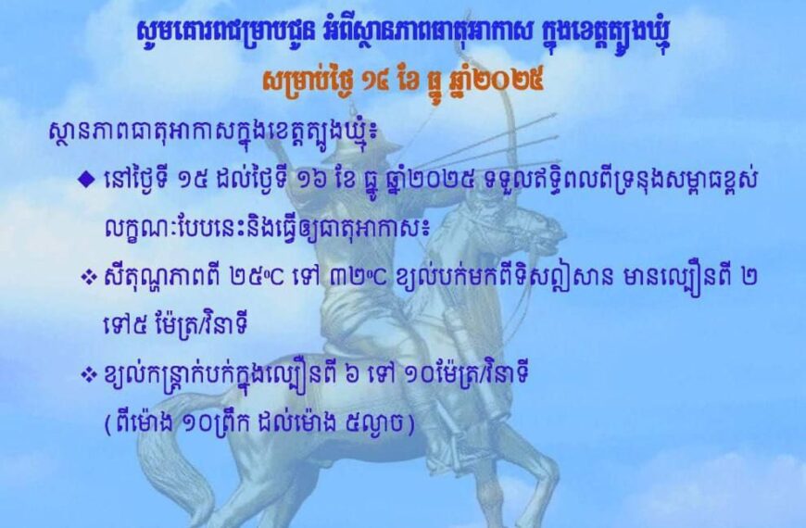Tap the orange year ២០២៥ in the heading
[513, 80]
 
